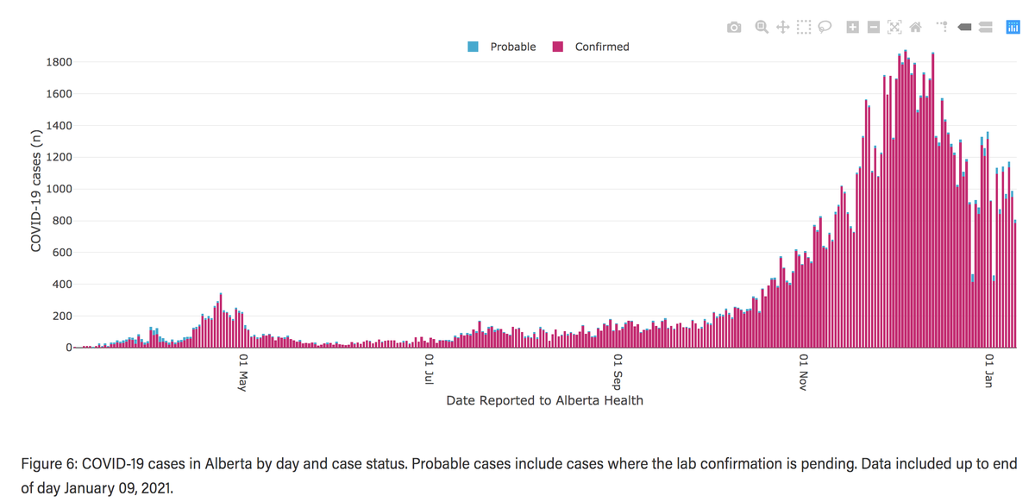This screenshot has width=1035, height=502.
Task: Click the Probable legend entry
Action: (512, 47)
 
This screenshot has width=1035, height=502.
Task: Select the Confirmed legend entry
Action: (602, 47)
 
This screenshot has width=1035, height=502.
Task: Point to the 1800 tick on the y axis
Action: (60, 62)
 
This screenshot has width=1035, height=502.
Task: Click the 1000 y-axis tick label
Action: (60, 189)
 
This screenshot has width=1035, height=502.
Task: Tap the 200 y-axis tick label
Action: (63, 317)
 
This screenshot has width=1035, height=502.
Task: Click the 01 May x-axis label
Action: (243, 371)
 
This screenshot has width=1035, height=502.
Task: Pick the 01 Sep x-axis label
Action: (618, 371)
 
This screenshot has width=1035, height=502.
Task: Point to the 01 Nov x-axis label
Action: (804, 371)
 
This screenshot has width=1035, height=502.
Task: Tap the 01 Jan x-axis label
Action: (990, 371)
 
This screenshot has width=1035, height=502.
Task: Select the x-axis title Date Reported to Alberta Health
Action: (544, 400)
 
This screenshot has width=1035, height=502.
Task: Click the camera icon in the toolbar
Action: (734, 28)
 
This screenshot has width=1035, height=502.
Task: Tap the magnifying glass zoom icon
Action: (762, 28)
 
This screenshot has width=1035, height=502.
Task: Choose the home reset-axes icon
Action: (916, 28)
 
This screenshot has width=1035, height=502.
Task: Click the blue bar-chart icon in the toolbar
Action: (1013, 28)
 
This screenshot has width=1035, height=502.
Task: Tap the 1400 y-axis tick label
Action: (60, 126)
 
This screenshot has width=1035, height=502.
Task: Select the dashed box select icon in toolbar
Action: (804, 28)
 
